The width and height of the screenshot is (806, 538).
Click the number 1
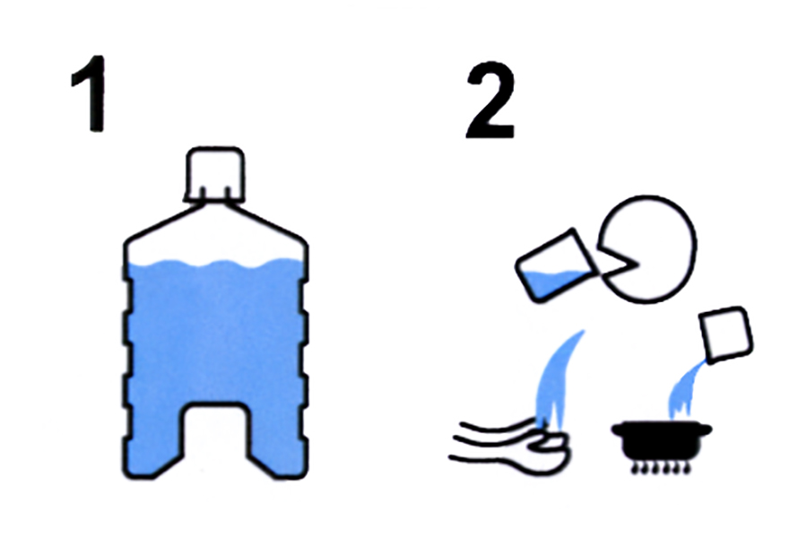(90, 93)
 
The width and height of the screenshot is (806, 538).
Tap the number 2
(491, 100)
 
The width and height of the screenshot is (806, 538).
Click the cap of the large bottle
(215, 174)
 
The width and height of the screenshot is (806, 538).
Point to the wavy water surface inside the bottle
(216, 265)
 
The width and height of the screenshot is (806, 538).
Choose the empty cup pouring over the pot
(726, 334)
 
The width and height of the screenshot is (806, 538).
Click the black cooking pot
(662, 441)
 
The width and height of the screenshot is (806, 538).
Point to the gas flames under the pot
(662, 468)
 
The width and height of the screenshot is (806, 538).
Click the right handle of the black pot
(704, 429)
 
